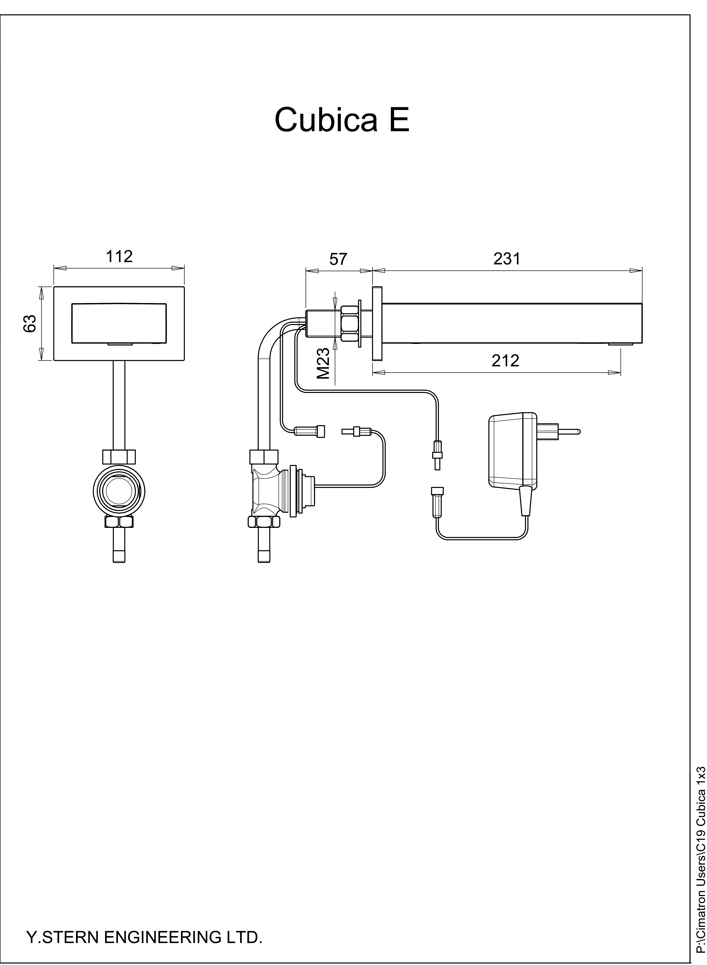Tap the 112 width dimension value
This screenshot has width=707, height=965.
[119, 256]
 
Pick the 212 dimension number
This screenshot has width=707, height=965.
[505, 361]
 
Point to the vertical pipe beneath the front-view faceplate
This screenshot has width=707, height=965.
[119, 405]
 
